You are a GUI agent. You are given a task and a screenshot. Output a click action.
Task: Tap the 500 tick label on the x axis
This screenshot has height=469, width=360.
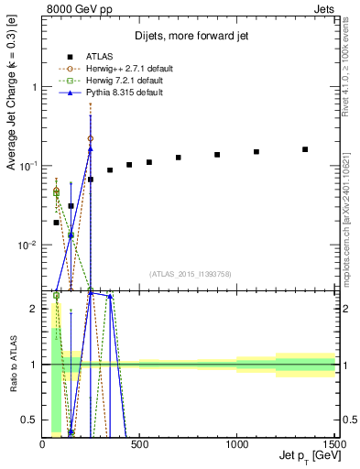pos(139,443)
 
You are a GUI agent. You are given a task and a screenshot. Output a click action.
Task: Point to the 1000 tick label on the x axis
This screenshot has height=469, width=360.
pos(236,443)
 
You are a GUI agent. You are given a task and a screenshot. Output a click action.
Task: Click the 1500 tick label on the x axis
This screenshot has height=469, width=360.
pos(332,443)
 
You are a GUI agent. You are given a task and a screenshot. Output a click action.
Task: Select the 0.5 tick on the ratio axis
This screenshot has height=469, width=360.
pos(31,420)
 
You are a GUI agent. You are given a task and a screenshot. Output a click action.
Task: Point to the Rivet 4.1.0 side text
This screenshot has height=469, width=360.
pos(345,62)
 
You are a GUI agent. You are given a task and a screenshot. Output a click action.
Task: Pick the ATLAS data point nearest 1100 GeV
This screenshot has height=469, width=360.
pos(256,152)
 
